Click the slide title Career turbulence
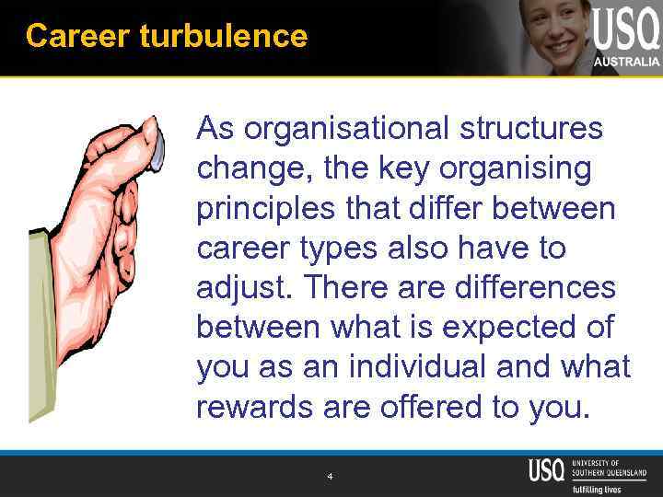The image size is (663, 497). pos(167,37)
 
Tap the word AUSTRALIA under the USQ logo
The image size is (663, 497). pos(627,62)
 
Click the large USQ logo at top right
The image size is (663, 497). pos(626,30)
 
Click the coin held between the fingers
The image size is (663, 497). pos(157,147)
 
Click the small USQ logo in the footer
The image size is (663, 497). pos(547,469)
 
